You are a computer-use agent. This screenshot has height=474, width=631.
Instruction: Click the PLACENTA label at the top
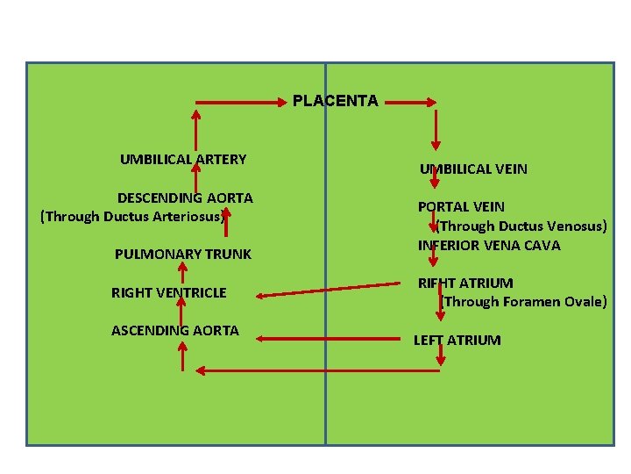(336, 101)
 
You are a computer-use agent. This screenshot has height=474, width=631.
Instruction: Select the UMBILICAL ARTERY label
(183, 160)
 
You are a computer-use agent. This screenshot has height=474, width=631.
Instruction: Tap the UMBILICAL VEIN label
(473, 169)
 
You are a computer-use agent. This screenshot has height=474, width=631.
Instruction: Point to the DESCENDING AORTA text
(185, 198)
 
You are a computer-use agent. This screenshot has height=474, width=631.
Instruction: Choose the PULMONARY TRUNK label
(183, 255)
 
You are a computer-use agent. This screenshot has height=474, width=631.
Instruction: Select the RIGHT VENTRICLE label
(169, 293)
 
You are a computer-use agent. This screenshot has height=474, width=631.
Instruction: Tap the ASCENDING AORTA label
(175, 331)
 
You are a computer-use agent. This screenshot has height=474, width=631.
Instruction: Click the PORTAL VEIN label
(461, 207)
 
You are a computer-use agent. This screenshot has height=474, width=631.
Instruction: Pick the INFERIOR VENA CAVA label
(489, 245)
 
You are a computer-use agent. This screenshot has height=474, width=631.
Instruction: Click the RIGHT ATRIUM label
(465, 284)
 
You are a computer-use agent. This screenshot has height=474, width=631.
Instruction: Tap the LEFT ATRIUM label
(457, 340)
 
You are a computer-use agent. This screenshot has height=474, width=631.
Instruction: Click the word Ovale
(584, 302)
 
